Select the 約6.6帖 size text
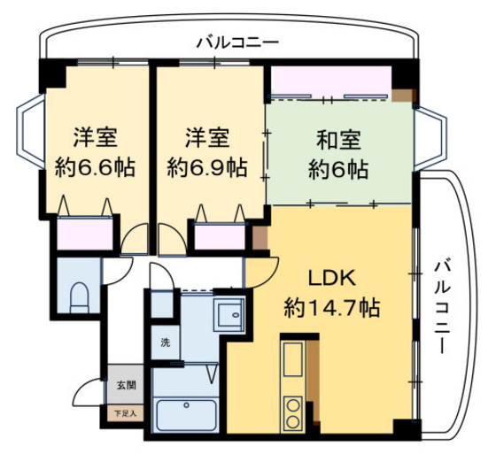coord(96,166)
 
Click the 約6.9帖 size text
coord(208,166)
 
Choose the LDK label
coord(331,278)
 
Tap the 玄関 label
coord(125,386)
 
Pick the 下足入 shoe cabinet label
coord(125,412)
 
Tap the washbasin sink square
coord(231,312)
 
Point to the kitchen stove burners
coord(292,413)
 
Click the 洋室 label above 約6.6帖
coord(96,138)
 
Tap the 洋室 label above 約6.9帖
coord(208,138)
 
